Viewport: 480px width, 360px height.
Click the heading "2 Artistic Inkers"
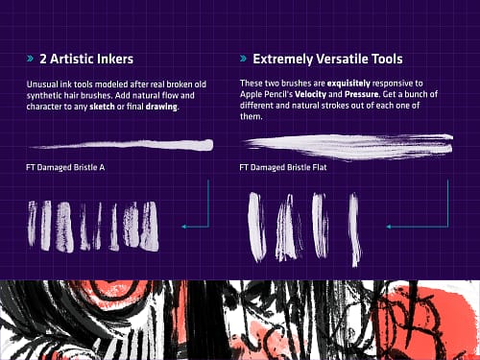click(x=86, y=59)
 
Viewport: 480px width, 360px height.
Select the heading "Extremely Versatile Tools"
click(x=327, y=60)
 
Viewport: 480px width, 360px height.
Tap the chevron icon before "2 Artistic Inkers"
click(x=30, y=59)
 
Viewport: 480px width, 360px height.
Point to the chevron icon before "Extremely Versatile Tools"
click(x=243, y=59)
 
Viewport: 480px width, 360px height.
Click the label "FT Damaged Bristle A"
click(x=65, y=167)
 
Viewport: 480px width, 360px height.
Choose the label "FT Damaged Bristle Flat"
click(x=283, y=167)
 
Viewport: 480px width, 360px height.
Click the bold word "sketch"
click(x=102, y=107)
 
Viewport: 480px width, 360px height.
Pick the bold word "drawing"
click(x=161, y=107)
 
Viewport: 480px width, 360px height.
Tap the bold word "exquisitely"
click(x=348, y=84)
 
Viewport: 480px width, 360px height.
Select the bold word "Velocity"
click(x=310, y=94)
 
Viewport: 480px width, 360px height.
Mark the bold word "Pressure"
click(x=361, y=94)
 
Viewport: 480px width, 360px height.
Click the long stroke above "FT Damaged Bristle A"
click(x=122, y=145)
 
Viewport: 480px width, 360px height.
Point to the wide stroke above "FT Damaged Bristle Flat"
click(x=348, y=147)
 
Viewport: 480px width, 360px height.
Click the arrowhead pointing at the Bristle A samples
click(x=183, y=227)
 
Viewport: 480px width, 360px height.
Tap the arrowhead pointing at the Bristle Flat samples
click(x=389, y=227)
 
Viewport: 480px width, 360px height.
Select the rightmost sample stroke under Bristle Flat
click(x=354, y=228)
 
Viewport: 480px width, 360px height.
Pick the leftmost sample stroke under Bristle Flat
click(x=256, y=227)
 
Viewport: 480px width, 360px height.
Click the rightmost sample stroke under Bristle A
click(x=149, y=226)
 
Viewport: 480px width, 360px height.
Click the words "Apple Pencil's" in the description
click(x=266, y=94)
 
